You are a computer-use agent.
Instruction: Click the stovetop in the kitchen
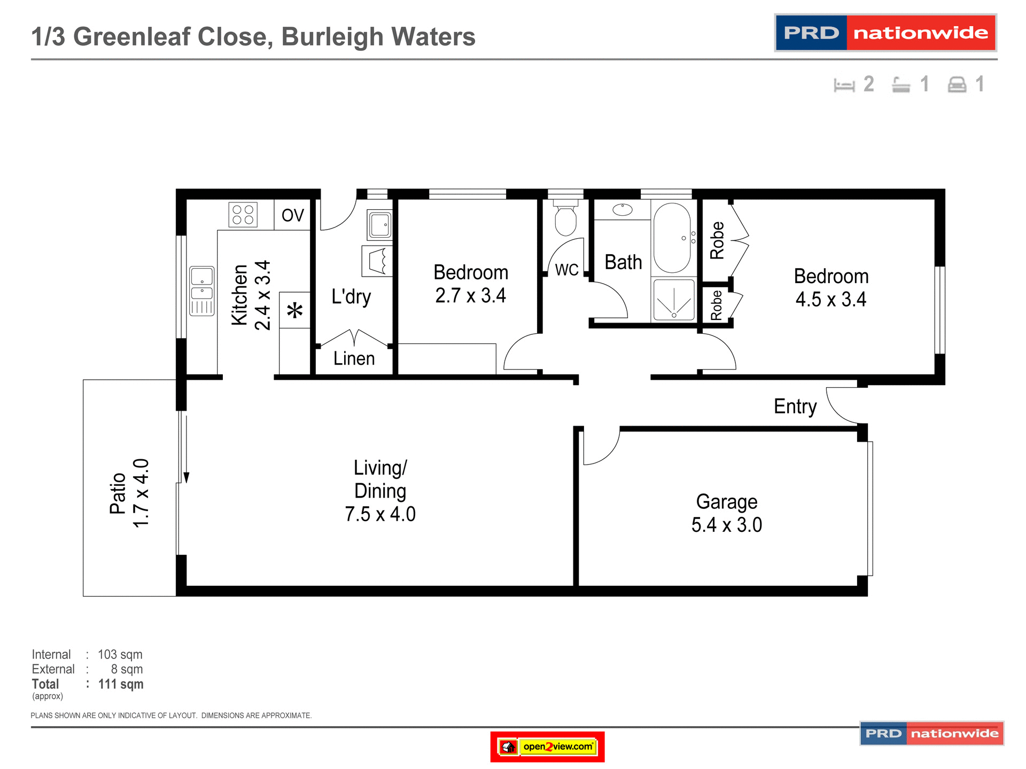pyautogui.click(x=243, y=215)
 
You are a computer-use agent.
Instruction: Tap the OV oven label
pyautogui.click(x=292, y=215)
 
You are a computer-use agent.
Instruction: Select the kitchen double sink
pyautogui.click(x=202, y=291)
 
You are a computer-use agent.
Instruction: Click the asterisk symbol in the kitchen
pyautogui.click(x=294, y=310)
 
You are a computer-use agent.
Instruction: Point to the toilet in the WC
pyautogui.click(x=565, y=219)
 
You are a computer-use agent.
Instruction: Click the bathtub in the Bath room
pyautogui.click(x=672, y=238)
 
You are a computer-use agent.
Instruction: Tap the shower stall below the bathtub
pyautogui.click(x=674, y=300)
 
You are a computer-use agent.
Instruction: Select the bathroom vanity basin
pyautogui.click(x=623, y=209)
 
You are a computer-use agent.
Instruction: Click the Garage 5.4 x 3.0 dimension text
pyautogui.click(x=726, y=525)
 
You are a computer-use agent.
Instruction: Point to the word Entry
pyautogui.click(x=795, y=407)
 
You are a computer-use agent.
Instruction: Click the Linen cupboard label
pyautogui.click(x=354, y=358)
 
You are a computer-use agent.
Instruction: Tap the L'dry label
pyautogui.click(x=351, y=296)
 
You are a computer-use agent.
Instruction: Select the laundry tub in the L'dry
pyautogui.click(x=380, y=225)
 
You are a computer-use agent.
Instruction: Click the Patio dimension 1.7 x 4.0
pyautogui.click(x=141, y=493)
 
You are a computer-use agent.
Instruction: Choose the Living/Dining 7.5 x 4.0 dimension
pyautogui.click(x=380, y=514)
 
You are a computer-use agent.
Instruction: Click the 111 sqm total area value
pyautogui.click(x=121, y=684)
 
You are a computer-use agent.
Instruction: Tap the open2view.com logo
pyautogui.click(x=547, y=747)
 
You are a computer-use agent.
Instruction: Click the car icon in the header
pyautogui.click(x=957, y=85)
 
